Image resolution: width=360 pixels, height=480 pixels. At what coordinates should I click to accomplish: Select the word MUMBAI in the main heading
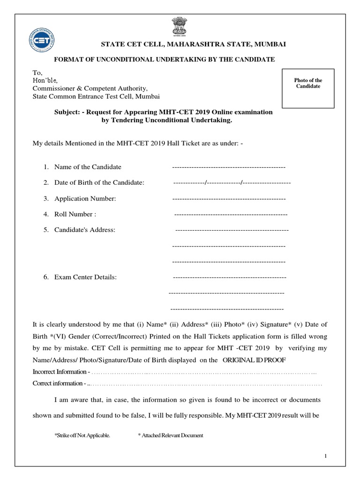(270, 44)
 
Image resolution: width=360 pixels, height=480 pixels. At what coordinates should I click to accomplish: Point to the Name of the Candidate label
(88, 167)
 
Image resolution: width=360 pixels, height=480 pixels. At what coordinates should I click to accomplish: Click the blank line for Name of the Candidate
(229, 167)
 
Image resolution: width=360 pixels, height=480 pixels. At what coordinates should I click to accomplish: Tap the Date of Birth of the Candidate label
(99, 182)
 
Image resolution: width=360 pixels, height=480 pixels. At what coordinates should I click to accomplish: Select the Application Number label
(85, 199)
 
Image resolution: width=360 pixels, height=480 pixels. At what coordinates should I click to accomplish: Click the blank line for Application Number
(229, 199)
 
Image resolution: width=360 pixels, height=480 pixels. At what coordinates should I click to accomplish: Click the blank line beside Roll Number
(231, 215)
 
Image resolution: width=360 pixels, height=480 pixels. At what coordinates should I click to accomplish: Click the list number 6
(46, 277)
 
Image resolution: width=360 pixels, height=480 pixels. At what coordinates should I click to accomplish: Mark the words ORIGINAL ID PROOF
(253, 360)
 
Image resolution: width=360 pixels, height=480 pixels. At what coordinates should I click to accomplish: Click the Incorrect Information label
(60, 372)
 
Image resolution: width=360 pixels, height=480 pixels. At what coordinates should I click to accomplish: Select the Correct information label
(58, 383)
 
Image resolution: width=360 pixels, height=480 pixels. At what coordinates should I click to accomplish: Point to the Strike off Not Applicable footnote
(82, 435)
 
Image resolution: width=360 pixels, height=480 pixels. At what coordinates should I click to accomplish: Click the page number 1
(325, 456)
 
